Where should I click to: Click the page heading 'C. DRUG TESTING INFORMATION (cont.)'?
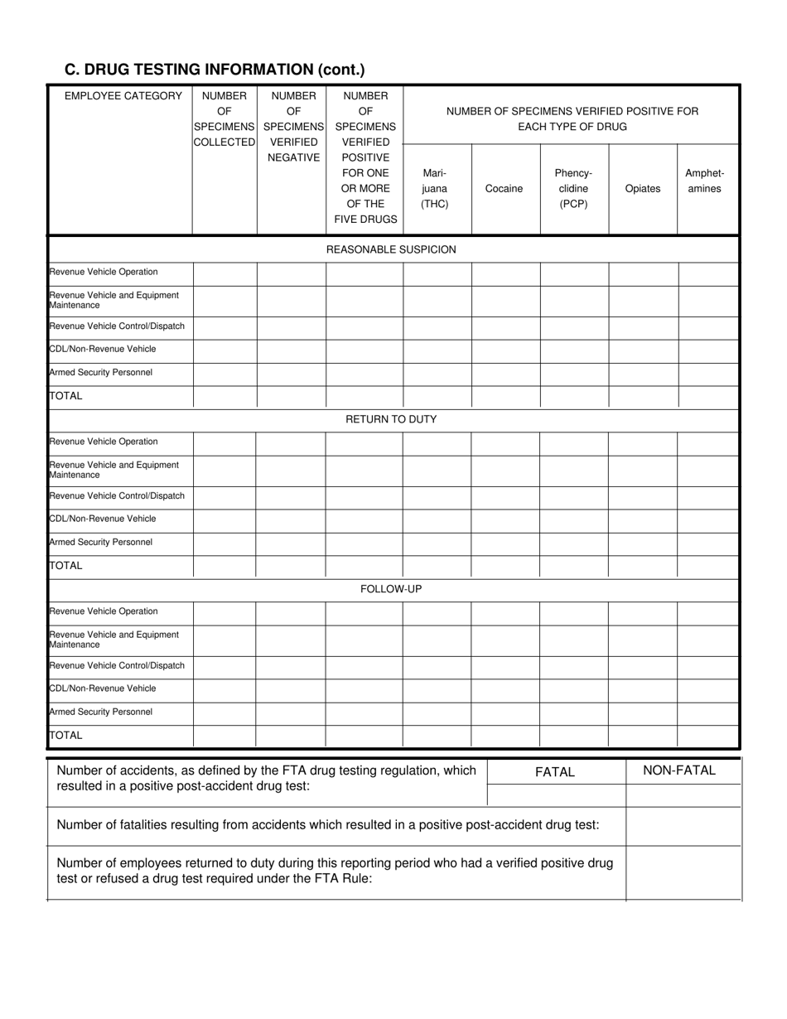(x=215, y=70)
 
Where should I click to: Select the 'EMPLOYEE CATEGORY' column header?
(x=123, y=96)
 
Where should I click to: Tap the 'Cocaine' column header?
(x=504, y=189)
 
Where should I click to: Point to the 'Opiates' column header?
(x=643, y=189)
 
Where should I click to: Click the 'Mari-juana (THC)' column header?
(x=436, y=189)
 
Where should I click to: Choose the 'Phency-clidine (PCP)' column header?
(x=574, y=189)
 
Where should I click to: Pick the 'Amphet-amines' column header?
(x=704, y=181)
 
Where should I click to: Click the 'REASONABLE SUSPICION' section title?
(x=391, y=249)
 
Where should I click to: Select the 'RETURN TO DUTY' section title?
(x=391, y=419)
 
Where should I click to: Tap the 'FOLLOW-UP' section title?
(x=391, y=589)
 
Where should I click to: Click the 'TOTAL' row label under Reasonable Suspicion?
(x=66, y=396)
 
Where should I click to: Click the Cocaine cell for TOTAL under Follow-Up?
(x=505, y=736)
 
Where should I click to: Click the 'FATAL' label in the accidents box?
(x=555, y=772)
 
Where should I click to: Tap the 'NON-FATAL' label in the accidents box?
(x=679, y=770)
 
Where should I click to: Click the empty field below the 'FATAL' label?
(x=556, y=795)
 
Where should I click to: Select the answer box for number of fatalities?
(x=683, y=825)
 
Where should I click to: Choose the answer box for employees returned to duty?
(x=683, y=872)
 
